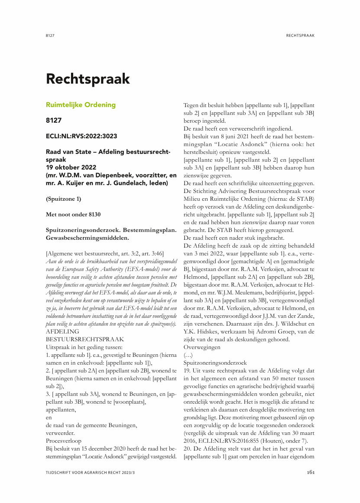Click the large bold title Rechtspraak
[x=88, y=79]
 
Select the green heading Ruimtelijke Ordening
[x=81, y=105]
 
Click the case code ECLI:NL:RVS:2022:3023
[x=81, y=136]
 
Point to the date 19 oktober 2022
[x=71, y=167]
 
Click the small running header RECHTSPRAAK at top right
[x=300, y=35]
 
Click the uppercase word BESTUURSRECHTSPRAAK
[x=85, y=339]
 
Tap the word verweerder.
[x=60, y=432]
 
